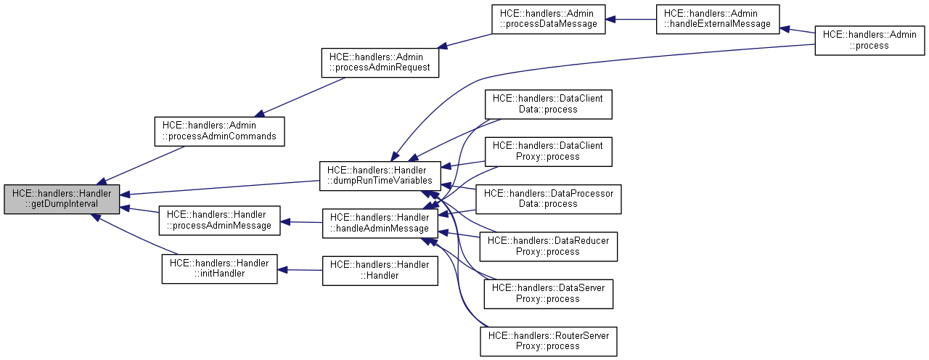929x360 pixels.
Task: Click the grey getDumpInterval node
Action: click(x=61, y=199)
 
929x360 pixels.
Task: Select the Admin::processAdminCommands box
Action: click(x=218, y=131)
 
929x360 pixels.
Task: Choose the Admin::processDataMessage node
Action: click(x=549, y=19)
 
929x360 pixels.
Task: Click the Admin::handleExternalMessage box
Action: click(x=716, y=19)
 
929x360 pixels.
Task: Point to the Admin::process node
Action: click(x=869, y=40)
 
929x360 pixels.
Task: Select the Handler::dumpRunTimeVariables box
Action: click(x=380, y=176)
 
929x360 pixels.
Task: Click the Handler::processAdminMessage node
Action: click(x=218, y=221)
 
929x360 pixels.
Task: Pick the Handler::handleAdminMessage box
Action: click(x=380, y=223)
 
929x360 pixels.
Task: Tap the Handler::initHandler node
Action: click(x=218, y=269)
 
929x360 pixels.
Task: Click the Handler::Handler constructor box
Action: click(x=380, y=270)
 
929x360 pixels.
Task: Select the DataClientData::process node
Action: click(x=548, y=104)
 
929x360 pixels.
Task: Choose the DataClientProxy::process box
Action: click(x=548, y=151)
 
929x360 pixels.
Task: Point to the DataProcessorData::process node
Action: click(x=548, y=199)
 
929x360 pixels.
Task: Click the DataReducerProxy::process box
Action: click(x=548, y=246)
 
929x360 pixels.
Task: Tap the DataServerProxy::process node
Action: click(x=548, y=293)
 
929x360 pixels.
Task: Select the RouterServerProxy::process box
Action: click(x=548, y=341)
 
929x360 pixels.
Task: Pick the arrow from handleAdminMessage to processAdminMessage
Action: click(x=301, y=222)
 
